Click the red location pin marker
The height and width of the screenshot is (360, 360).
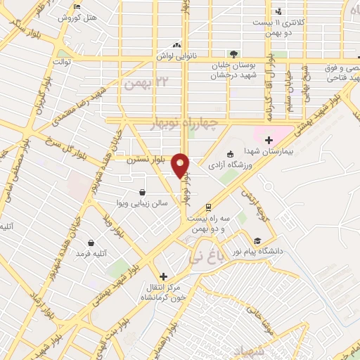(x=181, y=165)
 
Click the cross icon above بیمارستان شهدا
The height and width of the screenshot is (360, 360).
(x=269, y=140)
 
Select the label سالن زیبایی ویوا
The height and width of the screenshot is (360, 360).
(x=142, y=202)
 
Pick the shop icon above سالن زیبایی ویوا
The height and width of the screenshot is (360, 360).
(x=143, y=191)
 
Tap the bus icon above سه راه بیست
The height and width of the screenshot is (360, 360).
(x=208, y=207)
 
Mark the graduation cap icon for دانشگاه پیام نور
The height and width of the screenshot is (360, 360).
(x=257, y=241)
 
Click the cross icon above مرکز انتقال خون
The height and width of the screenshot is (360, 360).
(x=164, y=277)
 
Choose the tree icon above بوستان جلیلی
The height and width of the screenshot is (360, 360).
(x=233, y=53)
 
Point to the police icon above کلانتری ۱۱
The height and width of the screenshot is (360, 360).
(x=279, y=11)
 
